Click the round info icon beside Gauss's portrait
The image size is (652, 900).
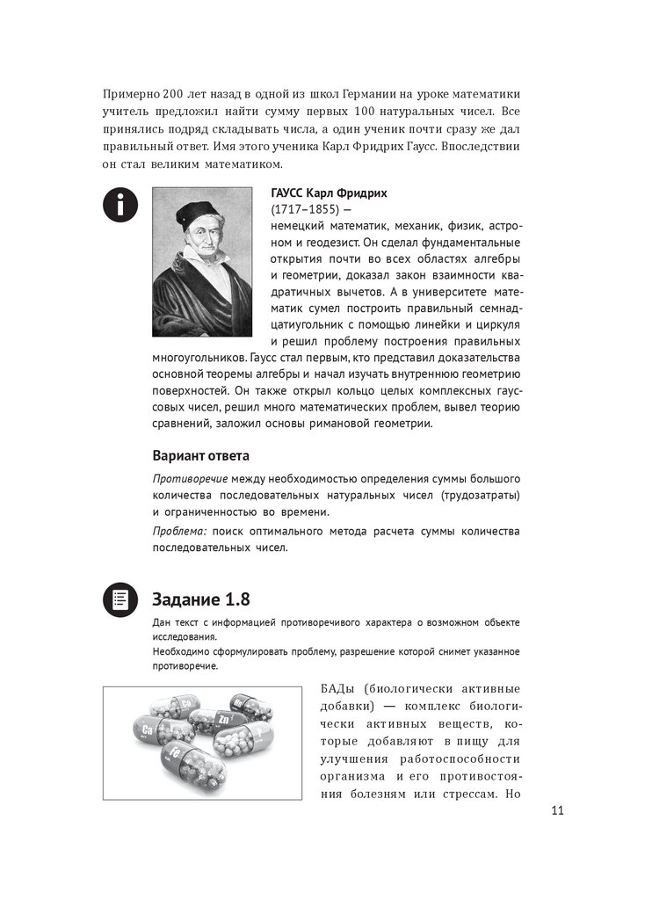click(x=119, y=205)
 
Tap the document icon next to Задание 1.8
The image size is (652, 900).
click(x=119, y=599)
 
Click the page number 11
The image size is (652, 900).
click(x=556, y=810)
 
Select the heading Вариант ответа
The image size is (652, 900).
click(x=200, y=456)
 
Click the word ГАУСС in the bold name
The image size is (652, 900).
click(x=290, y=193)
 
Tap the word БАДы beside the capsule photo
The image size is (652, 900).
click(x=339, y=688)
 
